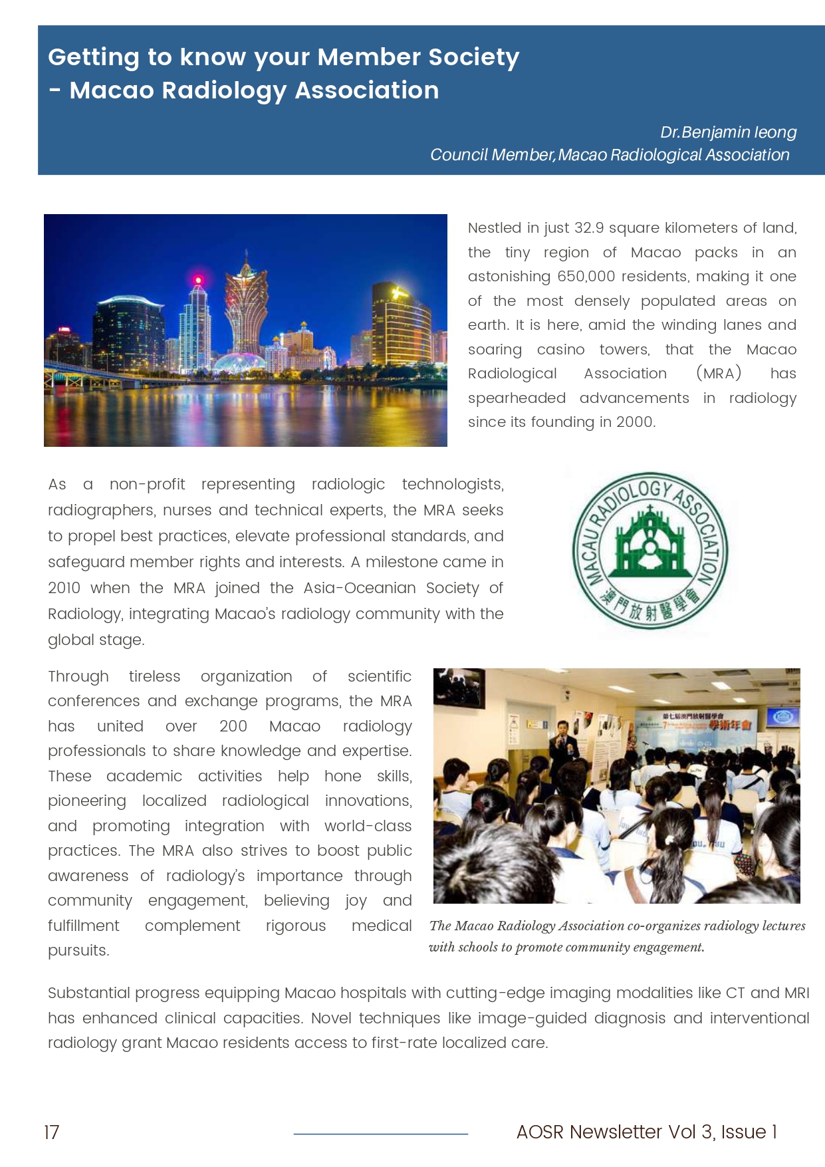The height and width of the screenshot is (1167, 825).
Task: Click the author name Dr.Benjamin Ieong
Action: pyautogui.click(x=728, y=132)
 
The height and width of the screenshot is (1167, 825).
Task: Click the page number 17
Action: pyautogui.click(x=52, y=1132)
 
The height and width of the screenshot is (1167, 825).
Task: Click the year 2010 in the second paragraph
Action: pyautogui.click(x=64, y=588)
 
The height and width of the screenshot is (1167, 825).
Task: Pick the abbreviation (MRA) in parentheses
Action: pyautogui.click(x=719, y=374)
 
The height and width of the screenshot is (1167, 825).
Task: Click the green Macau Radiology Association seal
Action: pyautogui.click(x=650, y=551)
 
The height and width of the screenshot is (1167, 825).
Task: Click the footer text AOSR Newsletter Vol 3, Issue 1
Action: pyautogui.click(x=646, y=1132)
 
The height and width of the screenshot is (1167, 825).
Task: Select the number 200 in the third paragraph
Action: pyautogui.click(x=233, y=726)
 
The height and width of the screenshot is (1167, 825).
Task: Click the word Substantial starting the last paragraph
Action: pyautogui.click(x=90, y=993)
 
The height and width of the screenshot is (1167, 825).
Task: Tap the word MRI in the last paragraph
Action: pyautogui.click(x=796, y=993)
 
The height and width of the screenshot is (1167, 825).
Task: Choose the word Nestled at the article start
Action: pyautogui.click(x=494, y=228)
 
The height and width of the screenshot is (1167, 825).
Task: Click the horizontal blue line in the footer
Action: pyautogui.click(x=381, y=1134)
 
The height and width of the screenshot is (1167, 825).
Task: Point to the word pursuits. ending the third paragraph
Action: pyautogui.click(x=78, y=951)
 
